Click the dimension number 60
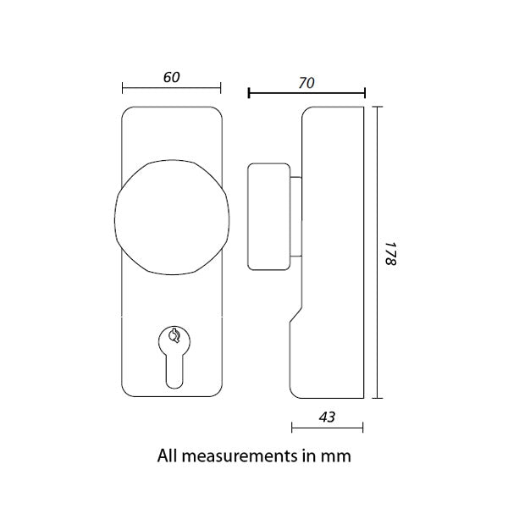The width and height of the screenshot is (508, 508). pyautogui.click(x=171, y=77)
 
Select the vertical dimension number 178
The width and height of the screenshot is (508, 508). pyautogui.click(x=391, y=254)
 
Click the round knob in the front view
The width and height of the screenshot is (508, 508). pyautogui.click(x=172, y=216)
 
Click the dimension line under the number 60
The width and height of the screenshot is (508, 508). pyautogui.click(x=171, y=87)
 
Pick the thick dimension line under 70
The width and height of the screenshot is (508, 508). pyautogui.click(x=306, y=93)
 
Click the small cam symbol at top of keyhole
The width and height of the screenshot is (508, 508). pyautogui.click(x=174, y=335)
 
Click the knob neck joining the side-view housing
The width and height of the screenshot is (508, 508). pyautogui.click(x=296, y=217)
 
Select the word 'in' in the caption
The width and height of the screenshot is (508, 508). pyautogui.click(x=308, y=456)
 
